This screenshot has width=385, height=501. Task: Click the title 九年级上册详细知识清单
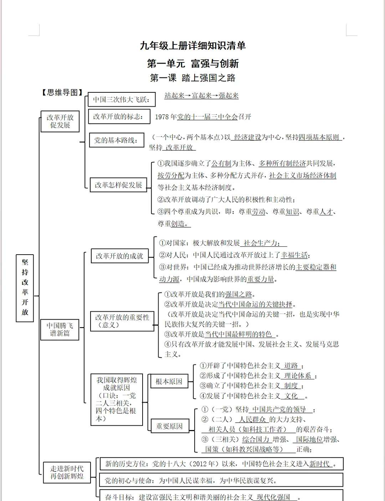192,46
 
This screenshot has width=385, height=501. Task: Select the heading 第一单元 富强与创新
192,63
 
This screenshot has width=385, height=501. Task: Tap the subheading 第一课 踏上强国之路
192,78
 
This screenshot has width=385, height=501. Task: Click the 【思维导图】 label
62,93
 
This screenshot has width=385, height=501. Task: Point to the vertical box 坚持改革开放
25,288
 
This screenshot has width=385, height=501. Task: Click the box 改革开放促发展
60,121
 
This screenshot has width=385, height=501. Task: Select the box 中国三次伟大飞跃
122,99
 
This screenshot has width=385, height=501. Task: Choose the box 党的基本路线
116,140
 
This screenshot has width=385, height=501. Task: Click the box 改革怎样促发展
118,185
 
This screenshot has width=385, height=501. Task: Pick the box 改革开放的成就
119,256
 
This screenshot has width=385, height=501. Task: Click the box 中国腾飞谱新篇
60,329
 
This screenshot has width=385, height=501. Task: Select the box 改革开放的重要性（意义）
122,321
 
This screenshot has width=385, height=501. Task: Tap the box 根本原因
169,382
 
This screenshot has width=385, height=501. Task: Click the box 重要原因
169,426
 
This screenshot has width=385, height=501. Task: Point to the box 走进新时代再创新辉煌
67,472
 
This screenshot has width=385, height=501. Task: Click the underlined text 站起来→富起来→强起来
201,96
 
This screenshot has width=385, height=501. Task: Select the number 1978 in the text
162,117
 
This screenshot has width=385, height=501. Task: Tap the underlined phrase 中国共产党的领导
279,409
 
